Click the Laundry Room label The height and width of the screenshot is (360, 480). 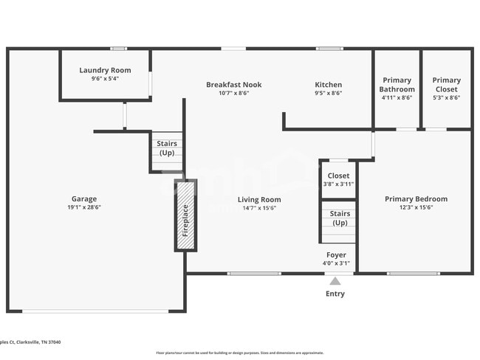[105, 71]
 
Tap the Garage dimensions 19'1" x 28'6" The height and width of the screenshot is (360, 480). [83, 208]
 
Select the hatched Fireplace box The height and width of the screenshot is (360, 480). [185, 215]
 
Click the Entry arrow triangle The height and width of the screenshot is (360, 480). [335, 281]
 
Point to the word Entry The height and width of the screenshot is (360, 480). [335, 294]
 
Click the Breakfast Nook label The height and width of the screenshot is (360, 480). [233, 85]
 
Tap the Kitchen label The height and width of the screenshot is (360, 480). [328, 85]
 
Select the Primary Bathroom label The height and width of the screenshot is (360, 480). [397, 84]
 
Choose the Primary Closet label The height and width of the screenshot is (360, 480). [446, 84]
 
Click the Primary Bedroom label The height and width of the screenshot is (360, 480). [416, 199]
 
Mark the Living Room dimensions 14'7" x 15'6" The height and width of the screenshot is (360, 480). [259, 208]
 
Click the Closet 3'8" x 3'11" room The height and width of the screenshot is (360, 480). [338, 179]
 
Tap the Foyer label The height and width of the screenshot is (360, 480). [336, 255]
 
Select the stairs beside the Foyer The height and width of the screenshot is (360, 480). [339, 224]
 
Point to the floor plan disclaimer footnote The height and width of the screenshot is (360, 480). [239, 353]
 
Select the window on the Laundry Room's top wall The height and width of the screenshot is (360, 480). [118, 49]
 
